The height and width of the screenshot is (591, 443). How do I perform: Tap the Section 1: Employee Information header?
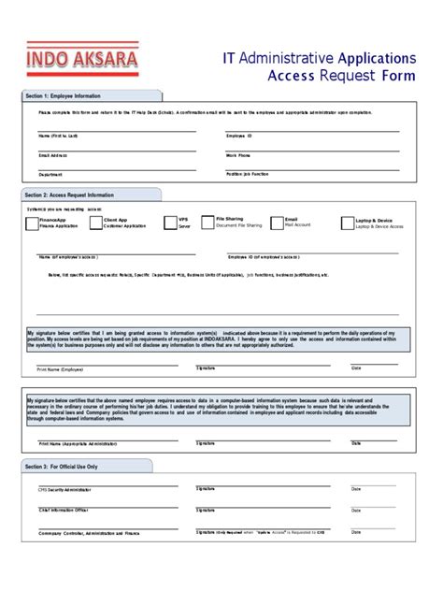point(64,96)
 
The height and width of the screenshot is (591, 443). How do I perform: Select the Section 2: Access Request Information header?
point(71,195)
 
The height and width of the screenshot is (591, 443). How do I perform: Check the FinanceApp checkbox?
point(32,223)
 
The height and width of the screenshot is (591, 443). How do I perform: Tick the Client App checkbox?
point(96,223)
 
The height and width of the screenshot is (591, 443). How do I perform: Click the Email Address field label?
point(52,154)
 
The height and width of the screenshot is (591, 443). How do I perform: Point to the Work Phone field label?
point(237,154)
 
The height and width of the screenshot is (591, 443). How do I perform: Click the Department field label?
point(50,174)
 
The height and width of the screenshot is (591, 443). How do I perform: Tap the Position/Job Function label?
point(247,174)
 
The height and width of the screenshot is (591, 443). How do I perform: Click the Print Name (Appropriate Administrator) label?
point(74,443)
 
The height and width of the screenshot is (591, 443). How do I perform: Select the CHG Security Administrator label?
point(64,489)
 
